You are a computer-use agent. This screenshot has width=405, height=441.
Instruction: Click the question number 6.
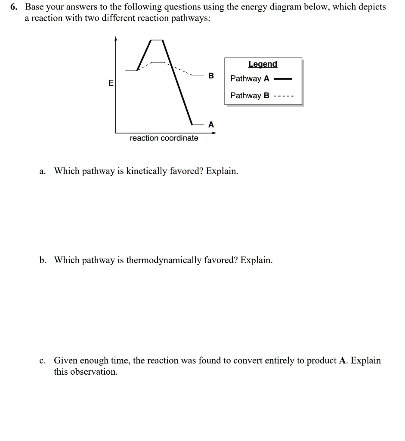17,7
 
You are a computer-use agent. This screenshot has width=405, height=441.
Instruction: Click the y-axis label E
111,83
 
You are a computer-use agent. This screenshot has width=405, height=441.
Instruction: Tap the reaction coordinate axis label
164,138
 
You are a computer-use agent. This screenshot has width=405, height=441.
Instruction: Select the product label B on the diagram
210,76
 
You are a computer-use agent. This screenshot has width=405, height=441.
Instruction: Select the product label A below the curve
210,124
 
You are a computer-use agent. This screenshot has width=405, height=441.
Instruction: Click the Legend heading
263,64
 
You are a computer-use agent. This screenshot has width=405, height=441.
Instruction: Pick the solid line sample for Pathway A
283,79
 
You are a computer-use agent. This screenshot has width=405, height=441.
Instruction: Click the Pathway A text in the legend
250,79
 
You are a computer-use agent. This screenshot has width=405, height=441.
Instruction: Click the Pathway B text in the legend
250,96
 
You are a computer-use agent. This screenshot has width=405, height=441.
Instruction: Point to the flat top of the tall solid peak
156,40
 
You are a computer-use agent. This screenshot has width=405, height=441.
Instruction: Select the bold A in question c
343,361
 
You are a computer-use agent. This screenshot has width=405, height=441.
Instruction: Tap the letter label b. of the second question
43,261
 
